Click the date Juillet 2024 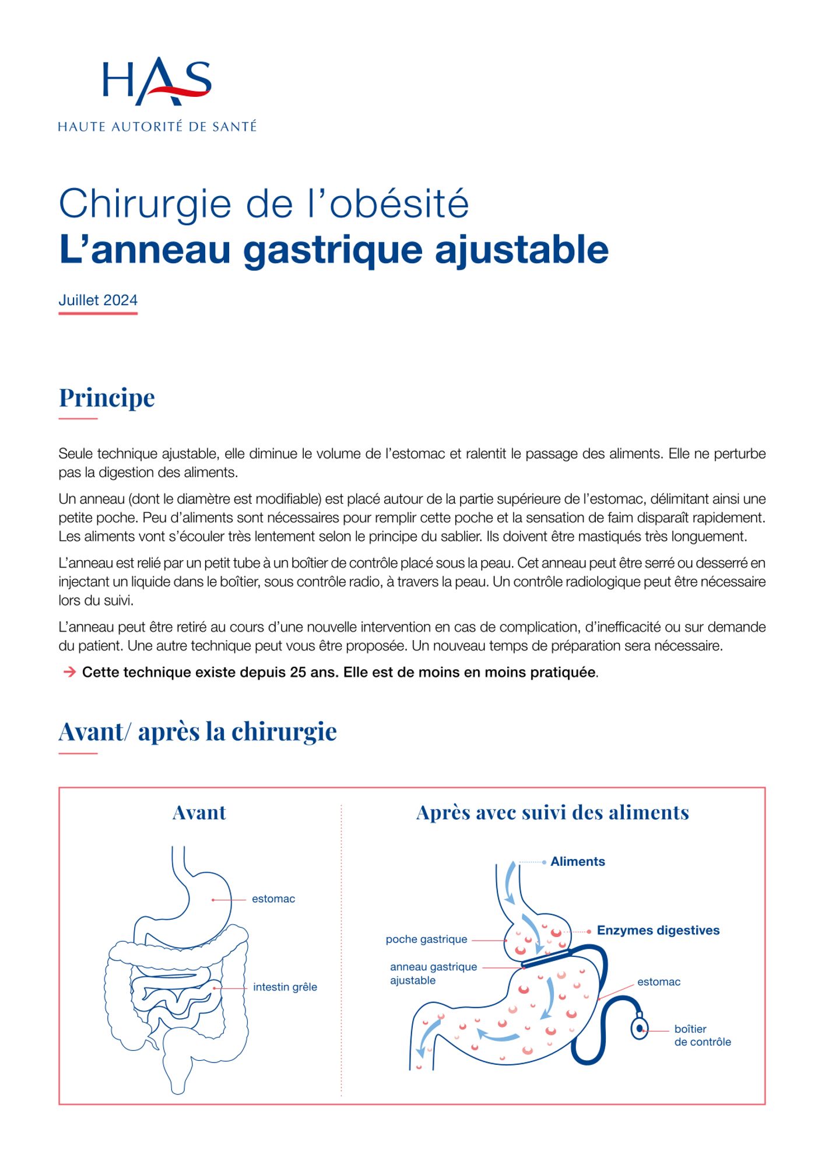pos(98,301)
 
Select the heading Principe pos(107,398)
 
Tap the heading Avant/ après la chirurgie pos(198,732)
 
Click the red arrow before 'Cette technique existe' pos(69,672)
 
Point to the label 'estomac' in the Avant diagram pos(273,899)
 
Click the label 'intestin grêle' pos(285,987)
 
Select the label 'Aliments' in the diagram pos(577,862)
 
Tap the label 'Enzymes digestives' pos(658,931)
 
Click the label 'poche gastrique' pos(426,939)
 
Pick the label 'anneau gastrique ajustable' pos(433,974)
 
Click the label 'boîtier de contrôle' pos(702,1036)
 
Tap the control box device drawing pos(640,1028)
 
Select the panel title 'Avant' pos(199,813)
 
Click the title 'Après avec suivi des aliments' pos(552,813)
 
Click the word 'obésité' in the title pos(399,204)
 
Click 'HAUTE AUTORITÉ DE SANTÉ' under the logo pos(157,127)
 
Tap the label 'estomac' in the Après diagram pos(658,982)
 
